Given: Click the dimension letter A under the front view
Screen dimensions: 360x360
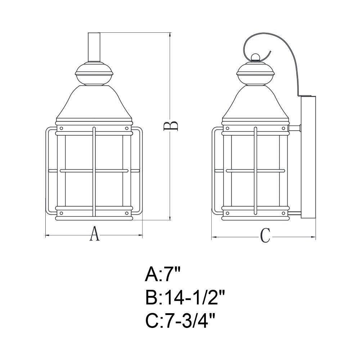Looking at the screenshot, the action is pyautogui.click(x=94, y=234).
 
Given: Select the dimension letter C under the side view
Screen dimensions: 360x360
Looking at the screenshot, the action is pyautogui.click(x=265, y=235).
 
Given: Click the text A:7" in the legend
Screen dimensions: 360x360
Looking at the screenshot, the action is pyautogui.click(x=163, y=275).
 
